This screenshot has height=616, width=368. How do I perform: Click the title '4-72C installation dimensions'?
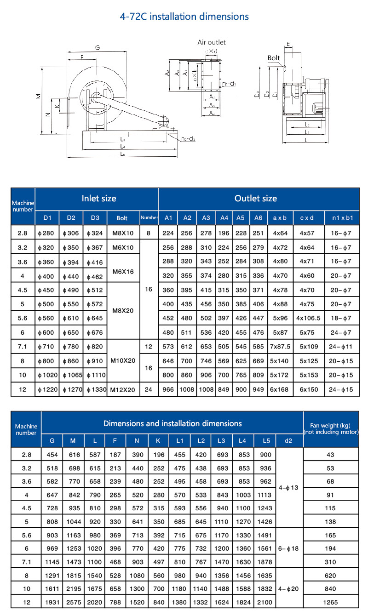[x=184, y=17]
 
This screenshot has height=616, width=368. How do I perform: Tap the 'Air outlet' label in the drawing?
[x=212, y=42]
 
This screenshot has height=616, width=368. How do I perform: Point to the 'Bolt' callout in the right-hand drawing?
[x=274, y=58]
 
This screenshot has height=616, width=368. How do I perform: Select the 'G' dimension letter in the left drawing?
[x=97, y=48]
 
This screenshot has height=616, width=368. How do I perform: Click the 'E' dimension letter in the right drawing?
[x=288, y=44]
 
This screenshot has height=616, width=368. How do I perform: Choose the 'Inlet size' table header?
[x=99, y=199]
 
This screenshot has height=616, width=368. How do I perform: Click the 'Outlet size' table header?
[x=256, y=199]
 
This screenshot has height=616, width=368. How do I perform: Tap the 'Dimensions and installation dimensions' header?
[x=172, y=423]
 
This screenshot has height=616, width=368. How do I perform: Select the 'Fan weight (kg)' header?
[x=331, y=428]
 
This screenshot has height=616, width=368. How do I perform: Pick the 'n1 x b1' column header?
[x=342, y=218]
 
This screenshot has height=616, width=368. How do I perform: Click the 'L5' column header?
[x=266, y=441]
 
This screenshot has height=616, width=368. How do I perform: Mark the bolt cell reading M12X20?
[x=123, y=389]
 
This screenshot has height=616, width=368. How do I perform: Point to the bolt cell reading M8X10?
[x=123, y=233]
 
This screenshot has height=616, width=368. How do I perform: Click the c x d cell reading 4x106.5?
[x=309, y=318]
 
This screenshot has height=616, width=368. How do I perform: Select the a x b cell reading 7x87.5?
[x=280, y=346]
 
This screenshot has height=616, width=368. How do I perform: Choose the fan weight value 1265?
[x=331, y=602]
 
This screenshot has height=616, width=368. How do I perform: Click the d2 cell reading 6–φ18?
[x=288, y=548]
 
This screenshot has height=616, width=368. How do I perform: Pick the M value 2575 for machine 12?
[x=73, y=602]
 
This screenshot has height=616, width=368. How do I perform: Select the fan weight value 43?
[x=331, y=455]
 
